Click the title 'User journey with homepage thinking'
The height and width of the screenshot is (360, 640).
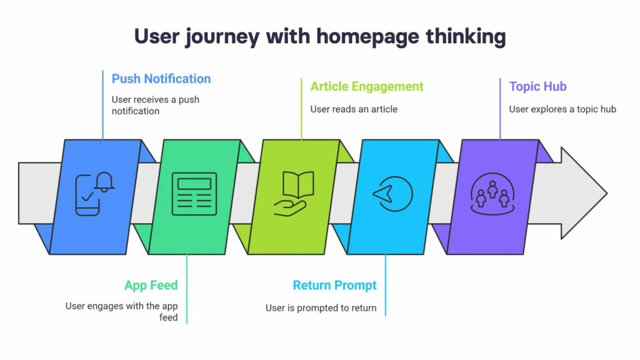tap(320, 36)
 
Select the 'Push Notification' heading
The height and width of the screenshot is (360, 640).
tap(161, 79)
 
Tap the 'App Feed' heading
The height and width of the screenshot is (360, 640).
tap(151, 286)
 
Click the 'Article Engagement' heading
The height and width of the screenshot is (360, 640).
tap(367, 86)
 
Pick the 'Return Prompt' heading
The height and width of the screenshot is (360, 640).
tap(334, 286)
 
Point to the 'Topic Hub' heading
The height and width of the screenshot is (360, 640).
tap(537, 86)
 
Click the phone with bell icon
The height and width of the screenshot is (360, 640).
tap(94, 194)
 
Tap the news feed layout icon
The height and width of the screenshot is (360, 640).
tap(194, 194)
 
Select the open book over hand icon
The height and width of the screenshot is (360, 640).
tap(293, 194)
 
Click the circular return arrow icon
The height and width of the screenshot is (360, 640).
tap(392, 194)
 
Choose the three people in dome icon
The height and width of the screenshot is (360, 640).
tap(492, 194)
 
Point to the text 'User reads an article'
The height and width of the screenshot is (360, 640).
tap(354, 109)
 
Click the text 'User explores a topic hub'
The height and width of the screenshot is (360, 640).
tap(562, 109)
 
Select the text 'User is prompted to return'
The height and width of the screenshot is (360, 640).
tap(321, 307)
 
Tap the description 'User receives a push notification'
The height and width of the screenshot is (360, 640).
tap(155, 105)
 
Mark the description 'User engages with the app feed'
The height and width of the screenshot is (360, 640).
tap(122, 311)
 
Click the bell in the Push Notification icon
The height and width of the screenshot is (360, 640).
tap(104, 181)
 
